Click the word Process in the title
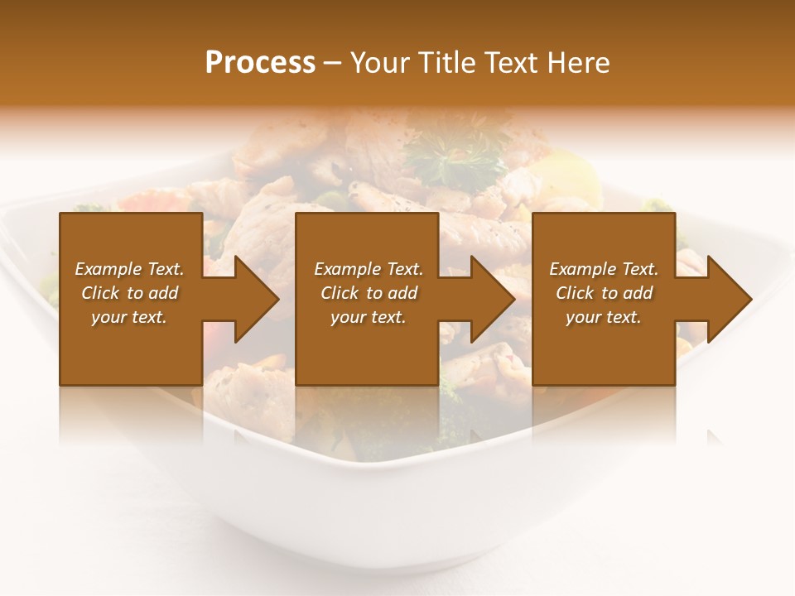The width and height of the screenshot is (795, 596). (260, 63)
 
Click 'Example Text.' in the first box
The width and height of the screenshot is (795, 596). (129, 269)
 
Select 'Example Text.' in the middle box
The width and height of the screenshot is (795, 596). (369, 269)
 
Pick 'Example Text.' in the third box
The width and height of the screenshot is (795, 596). (604, 269)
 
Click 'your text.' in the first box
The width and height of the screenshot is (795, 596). (129, 317)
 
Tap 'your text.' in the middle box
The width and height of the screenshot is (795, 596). (369, 317)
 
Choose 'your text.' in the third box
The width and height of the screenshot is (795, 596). (604, 317)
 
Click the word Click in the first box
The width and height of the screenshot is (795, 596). (100, 293)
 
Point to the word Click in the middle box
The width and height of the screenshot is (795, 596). (340, 293)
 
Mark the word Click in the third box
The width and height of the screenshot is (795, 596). (575, 293)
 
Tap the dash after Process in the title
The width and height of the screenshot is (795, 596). (332, 63)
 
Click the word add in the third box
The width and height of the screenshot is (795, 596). (637, 293)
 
